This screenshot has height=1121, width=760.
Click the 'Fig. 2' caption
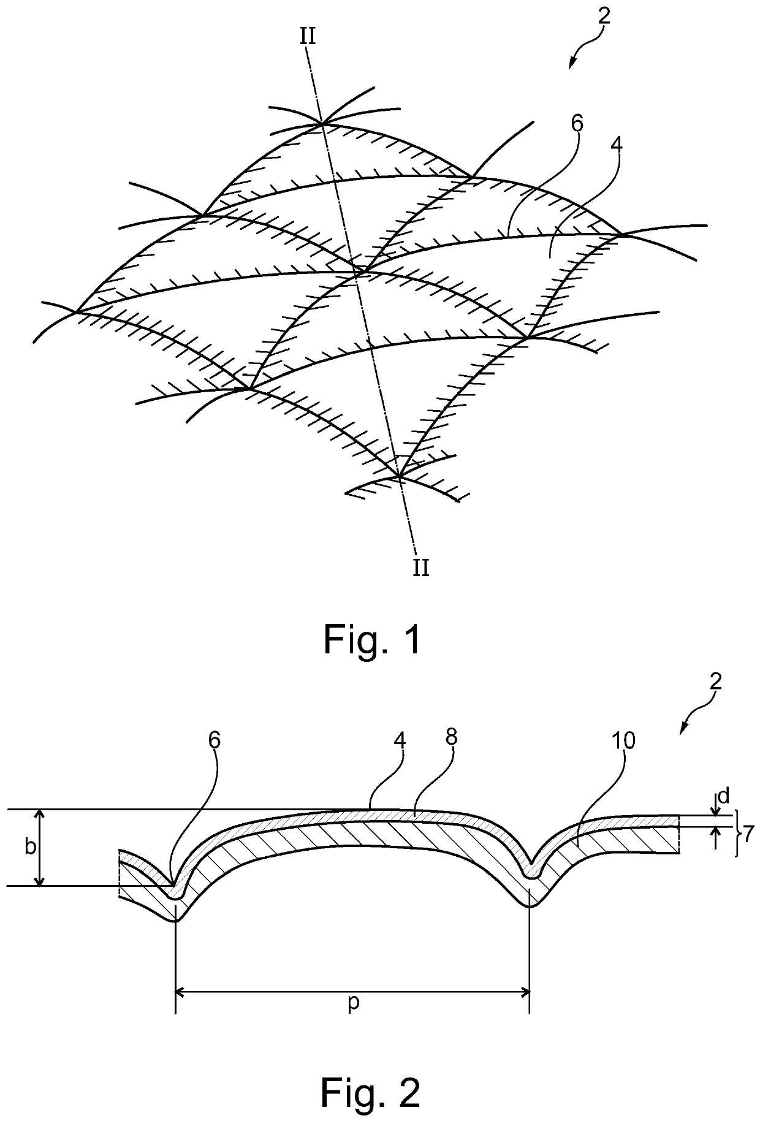coord(372,1092)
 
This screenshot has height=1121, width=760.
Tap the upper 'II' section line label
coord(308,37)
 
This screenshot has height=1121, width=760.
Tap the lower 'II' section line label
coord(420,568)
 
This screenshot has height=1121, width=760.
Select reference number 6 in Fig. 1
coord(577,124)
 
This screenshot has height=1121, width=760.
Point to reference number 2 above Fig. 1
coord(604,17)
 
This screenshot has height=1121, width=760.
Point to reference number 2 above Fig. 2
coord(716,681)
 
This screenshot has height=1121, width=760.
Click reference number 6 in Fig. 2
coord(214,740)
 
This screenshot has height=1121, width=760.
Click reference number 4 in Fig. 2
coord(400,740)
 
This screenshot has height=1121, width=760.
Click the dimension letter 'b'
coord(29,847)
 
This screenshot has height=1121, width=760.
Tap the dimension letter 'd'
coord(723,796)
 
